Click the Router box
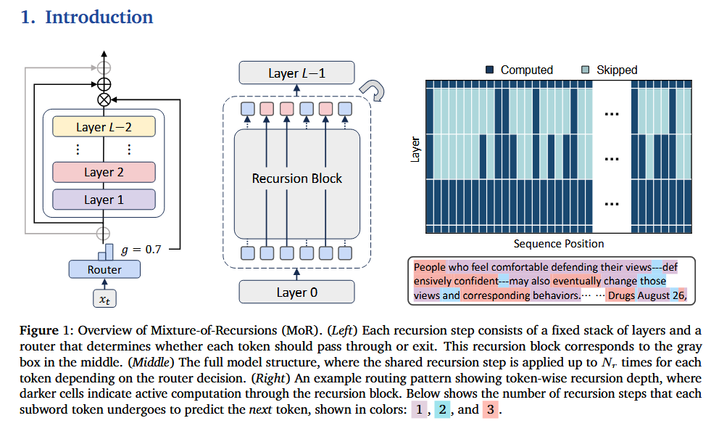point(104,269)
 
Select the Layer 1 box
point(104,200)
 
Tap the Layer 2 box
point(104,172)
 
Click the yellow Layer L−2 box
point(104,127)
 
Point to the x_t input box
point(104,299)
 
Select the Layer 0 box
point(296,292)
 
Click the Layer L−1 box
point(296,73)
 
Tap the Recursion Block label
point(296,178)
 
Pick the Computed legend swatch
point(489,70)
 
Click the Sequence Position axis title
point(558,243)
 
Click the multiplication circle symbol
point(104,98)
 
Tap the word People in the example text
point(430,266)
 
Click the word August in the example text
point(654,295)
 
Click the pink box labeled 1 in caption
point(419,409)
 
